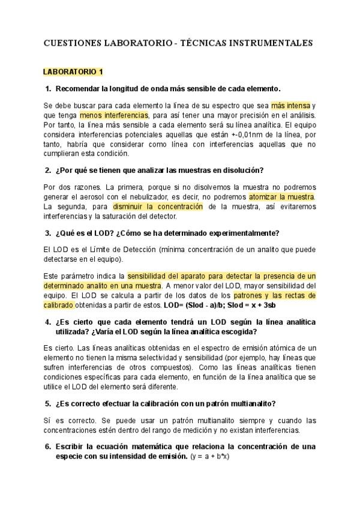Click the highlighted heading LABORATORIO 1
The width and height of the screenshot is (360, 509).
click(73, 71)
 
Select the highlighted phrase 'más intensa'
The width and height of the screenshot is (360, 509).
click(290, 105)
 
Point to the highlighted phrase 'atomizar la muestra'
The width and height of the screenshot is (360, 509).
click(281, 197)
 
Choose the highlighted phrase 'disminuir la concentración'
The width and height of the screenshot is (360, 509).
click(158, 206)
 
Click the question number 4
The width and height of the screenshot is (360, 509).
click(48, 322)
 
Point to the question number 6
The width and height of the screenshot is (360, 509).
click(48, 447)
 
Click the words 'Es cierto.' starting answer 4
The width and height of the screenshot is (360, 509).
click(58, 348)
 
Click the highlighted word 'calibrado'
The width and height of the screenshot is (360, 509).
click(58, 306)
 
